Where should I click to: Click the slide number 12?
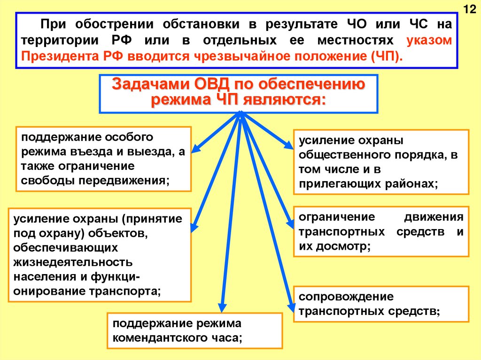coord(469,10)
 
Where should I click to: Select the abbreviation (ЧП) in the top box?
coord(386,57)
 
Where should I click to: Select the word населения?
coord(46,276)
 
